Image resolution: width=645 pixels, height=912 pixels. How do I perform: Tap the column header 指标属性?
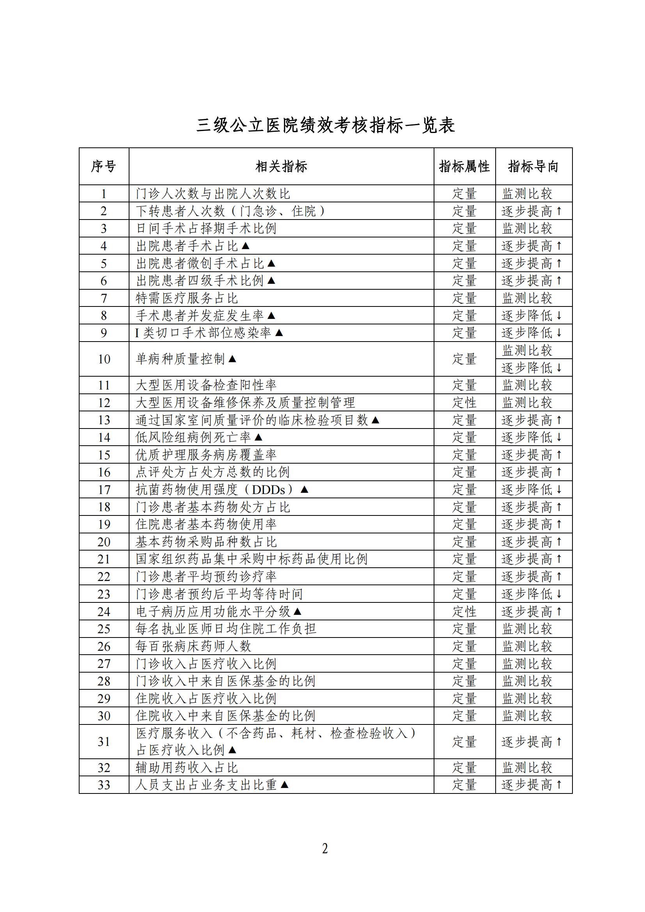click(x=464, y=166)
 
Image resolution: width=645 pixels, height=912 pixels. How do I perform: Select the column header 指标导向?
click(x=533, y=166)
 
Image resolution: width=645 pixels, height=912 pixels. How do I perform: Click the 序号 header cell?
click(x=104, y=166)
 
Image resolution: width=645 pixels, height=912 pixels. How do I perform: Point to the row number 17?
click(x=104, y=490)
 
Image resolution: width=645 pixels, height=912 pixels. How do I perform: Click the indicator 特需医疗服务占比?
click(x=187, y=298)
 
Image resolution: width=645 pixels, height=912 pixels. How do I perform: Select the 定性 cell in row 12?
click(x=464, y=403)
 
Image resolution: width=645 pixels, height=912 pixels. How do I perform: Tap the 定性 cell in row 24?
click(x=464, y=612)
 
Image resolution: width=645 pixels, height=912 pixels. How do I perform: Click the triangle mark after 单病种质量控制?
click(x=233, y=359)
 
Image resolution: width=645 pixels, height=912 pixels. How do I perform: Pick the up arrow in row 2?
click(x=559, y=211)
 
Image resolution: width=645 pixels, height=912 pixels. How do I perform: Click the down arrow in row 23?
click(x=559, y=594)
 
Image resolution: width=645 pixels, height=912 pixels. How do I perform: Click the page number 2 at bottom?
click(x=325, y=849)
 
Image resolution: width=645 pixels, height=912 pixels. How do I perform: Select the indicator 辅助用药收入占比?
click(x=187, y=768)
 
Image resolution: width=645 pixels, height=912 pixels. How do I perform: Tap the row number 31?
click(x=104, y=742)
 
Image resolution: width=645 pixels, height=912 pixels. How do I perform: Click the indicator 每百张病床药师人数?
click(x=193, y=646)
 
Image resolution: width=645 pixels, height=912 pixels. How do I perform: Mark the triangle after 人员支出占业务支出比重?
click(x=284, y=785)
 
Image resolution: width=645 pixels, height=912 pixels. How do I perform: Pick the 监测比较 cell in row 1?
click(x=527, y=194)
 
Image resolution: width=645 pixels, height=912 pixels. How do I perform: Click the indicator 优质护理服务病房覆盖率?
click(x=206, y=455)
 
